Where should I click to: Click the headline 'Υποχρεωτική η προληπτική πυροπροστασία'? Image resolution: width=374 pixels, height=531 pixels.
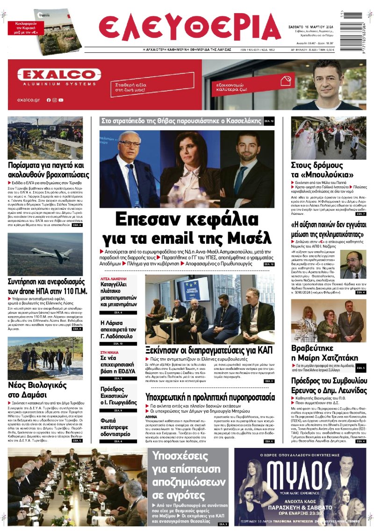click(x=210, y=397)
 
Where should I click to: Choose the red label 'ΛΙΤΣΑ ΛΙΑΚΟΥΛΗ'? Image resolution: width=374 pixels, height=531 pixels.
click(x=114, y=278)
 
